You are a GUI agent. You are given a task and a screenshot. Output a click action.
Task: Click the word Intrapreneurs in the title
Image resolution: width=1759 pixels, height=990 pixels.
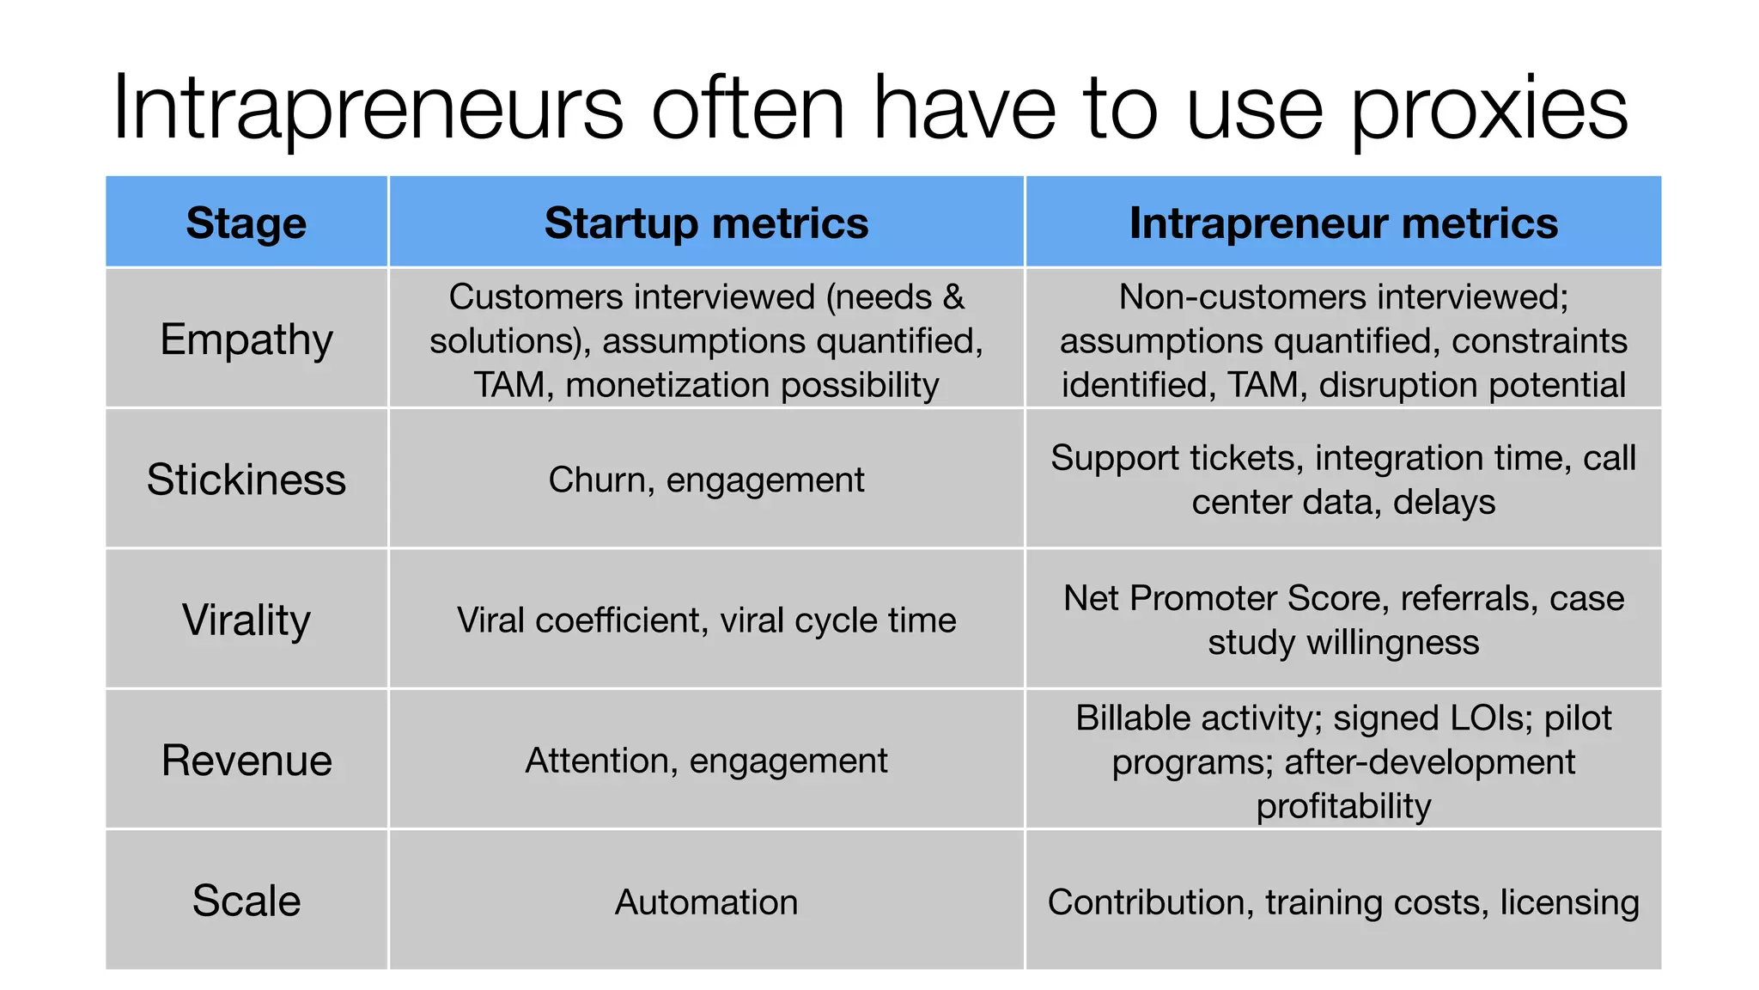[368, 108]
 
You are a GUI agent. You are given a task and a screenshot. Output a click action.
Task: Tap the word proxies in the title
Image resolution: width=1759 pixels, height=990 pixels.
[1489, 108]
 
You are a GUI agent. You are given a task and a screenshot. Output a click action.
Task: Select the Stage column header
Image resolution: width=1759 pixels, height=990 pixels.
[247, 223]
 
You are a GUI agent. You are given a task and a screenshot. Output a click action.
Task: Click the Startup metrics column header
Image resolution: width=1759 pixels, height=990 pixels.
[706, 223]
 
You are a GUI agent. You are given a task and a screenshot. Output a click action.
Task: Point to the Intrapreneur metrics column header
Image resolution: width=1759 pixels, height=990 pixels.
[1343, 223]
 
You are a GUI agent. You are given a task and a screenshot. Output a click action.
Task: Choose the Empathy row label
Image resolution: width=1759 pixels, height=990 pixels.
[247, 339]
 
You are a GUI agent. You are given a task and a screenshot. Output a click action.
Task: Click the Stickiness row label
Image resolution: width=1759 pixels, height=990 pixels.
[247, 480]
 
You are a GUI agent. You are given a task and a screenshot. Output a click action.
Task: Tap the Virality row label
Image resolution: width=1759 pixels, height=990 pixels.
[247, 620]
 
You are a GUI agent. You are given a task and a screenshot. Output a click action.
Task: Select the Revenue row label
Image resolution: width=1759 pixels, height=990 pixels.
[247, 761]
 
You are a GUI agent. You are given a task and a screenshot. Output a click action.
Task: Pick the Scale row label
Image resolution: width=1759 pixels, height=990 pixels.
[247, 901]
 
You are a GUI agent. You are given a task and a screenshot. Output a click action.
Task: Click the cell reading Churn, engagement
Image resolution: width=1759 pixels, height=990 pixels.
[706, 480]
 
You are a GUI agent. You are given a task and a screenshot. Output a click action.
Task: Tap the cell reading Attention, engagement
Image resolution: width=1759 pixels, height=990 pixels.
[706, 761]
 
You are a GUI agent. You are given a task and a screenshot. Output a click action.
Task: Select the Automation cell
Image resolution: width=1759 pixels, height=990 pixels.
[706, 902]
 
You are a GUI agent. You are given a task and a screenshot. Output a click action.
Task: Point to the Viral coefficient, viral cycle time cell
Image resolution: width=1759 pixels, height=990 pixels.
[706, 620]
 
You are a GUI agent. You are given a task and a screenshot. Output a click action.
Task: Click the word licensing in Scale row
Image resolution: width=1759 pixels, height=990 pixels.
[1569, 902]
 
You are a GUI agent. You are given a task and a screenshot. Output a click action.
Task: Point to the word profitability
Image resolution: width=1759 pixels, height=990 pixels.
[1343, 807]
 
